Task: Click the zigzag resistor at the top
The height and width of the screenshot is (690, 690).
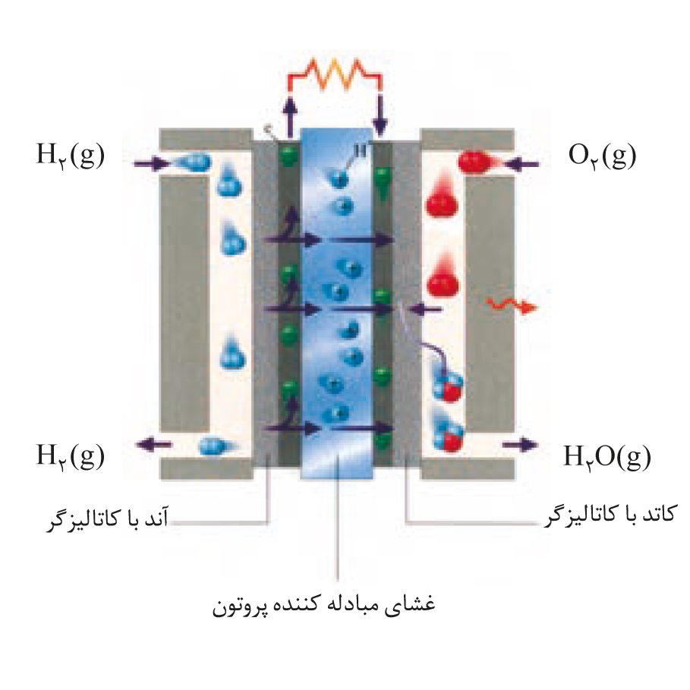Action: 335,74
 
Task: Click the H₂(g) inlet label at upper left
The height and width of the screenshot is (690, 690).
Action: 71,155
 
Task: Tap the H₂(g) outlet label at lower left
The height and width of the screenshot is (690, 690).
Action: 71,456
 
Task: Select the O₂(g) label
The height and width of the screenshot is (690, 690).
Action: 603,156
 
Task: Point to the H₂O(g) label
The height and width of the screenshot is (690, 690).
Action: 607,457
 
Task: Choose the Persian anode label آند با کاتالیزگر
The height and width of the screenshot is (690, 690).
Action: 107,520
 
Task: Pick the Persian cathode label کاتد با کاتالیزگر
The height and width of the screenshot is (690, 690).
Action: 610,515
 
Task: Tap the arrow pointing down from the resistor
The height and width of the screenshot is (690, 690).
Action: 380,115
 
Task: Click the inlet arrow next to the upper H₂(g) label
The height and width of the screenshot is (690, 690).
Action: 152,164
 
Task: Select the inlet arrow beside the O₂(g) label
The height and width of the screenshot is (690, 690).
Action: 522,165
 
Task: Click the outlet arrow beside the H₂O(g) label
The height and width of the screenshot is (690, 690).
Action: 520,445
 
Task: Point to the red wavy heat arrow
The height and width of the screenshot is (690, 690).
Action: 512,305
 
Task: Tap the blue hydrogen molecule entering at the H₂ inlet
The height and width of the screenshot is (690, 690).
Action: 191,162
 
